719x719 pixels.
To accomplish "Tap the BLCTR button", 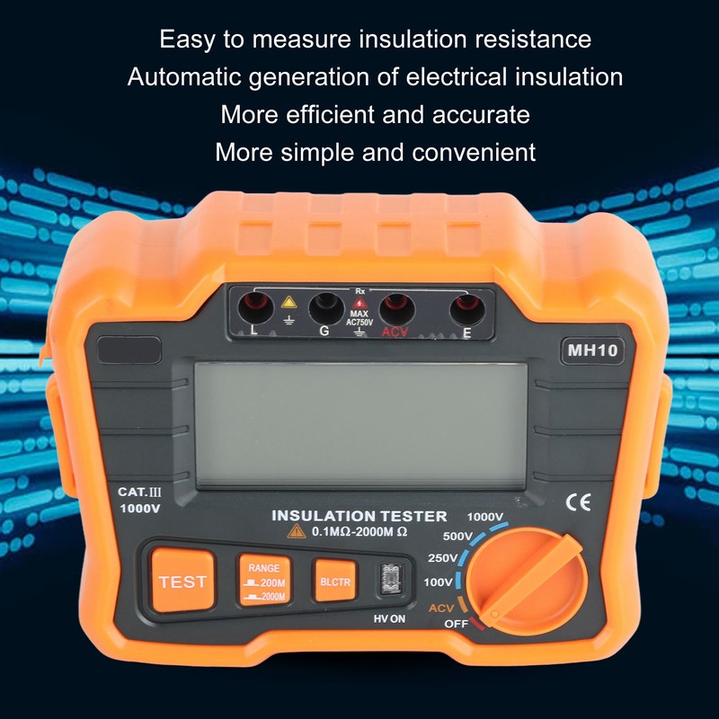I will click(x=334, y=581).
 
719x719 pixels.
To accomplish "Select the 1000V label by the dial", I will click(x=485, y=517).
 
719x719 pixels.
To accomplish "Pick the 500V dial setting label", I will click(x=459, y=537).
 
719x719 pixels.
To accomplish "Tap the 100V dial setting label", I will click(x=439, y=583).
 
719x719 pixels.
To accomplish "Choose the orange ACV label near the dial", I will click(x=441, y=608).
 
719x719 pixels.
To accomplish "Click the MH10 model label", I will click(x=590, y=351).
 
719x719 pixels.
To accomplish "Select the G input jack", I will click(x=324, y=310).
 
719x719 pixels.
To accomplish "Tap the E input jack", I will click(x=466, y=311).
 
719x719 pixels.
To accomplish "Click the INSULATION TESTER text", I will click(x=359, y=516).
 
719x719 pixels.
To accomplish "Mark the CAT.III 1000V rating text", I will click(x=139, y=500).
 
